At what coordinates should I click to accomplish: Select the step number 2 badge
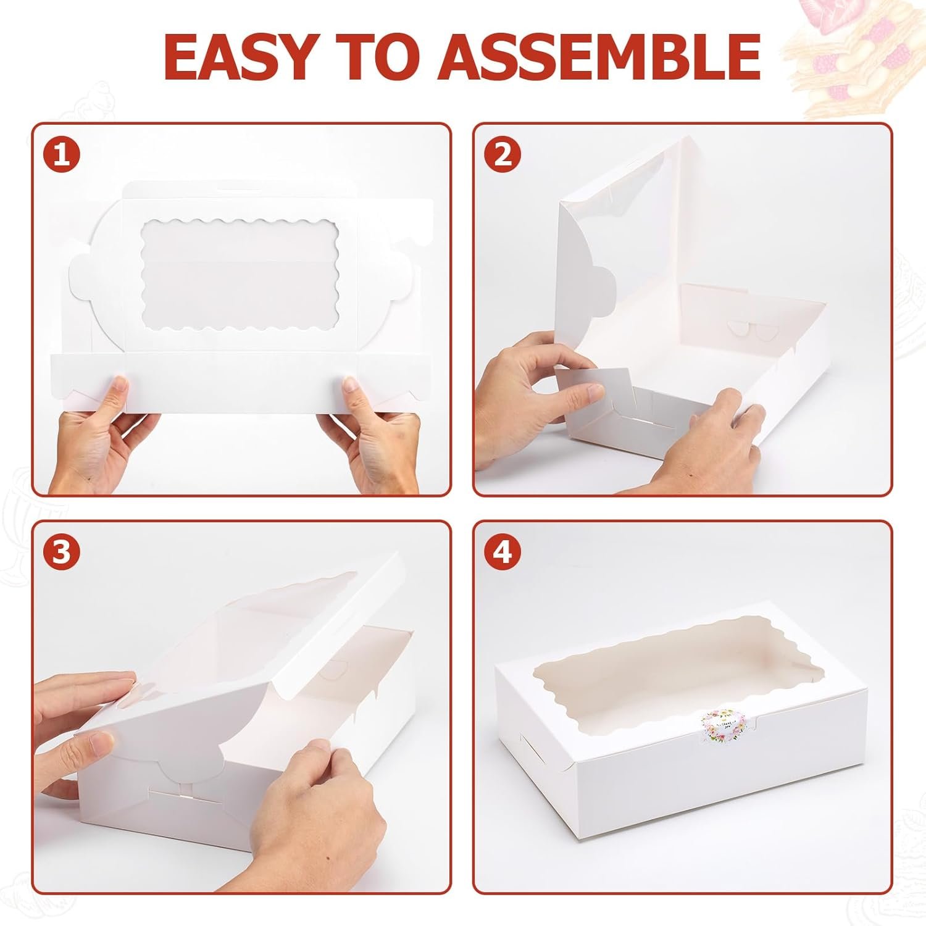[x=503, y=155]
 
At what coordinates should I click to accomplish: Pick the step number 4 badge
[x=503, y=553]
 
